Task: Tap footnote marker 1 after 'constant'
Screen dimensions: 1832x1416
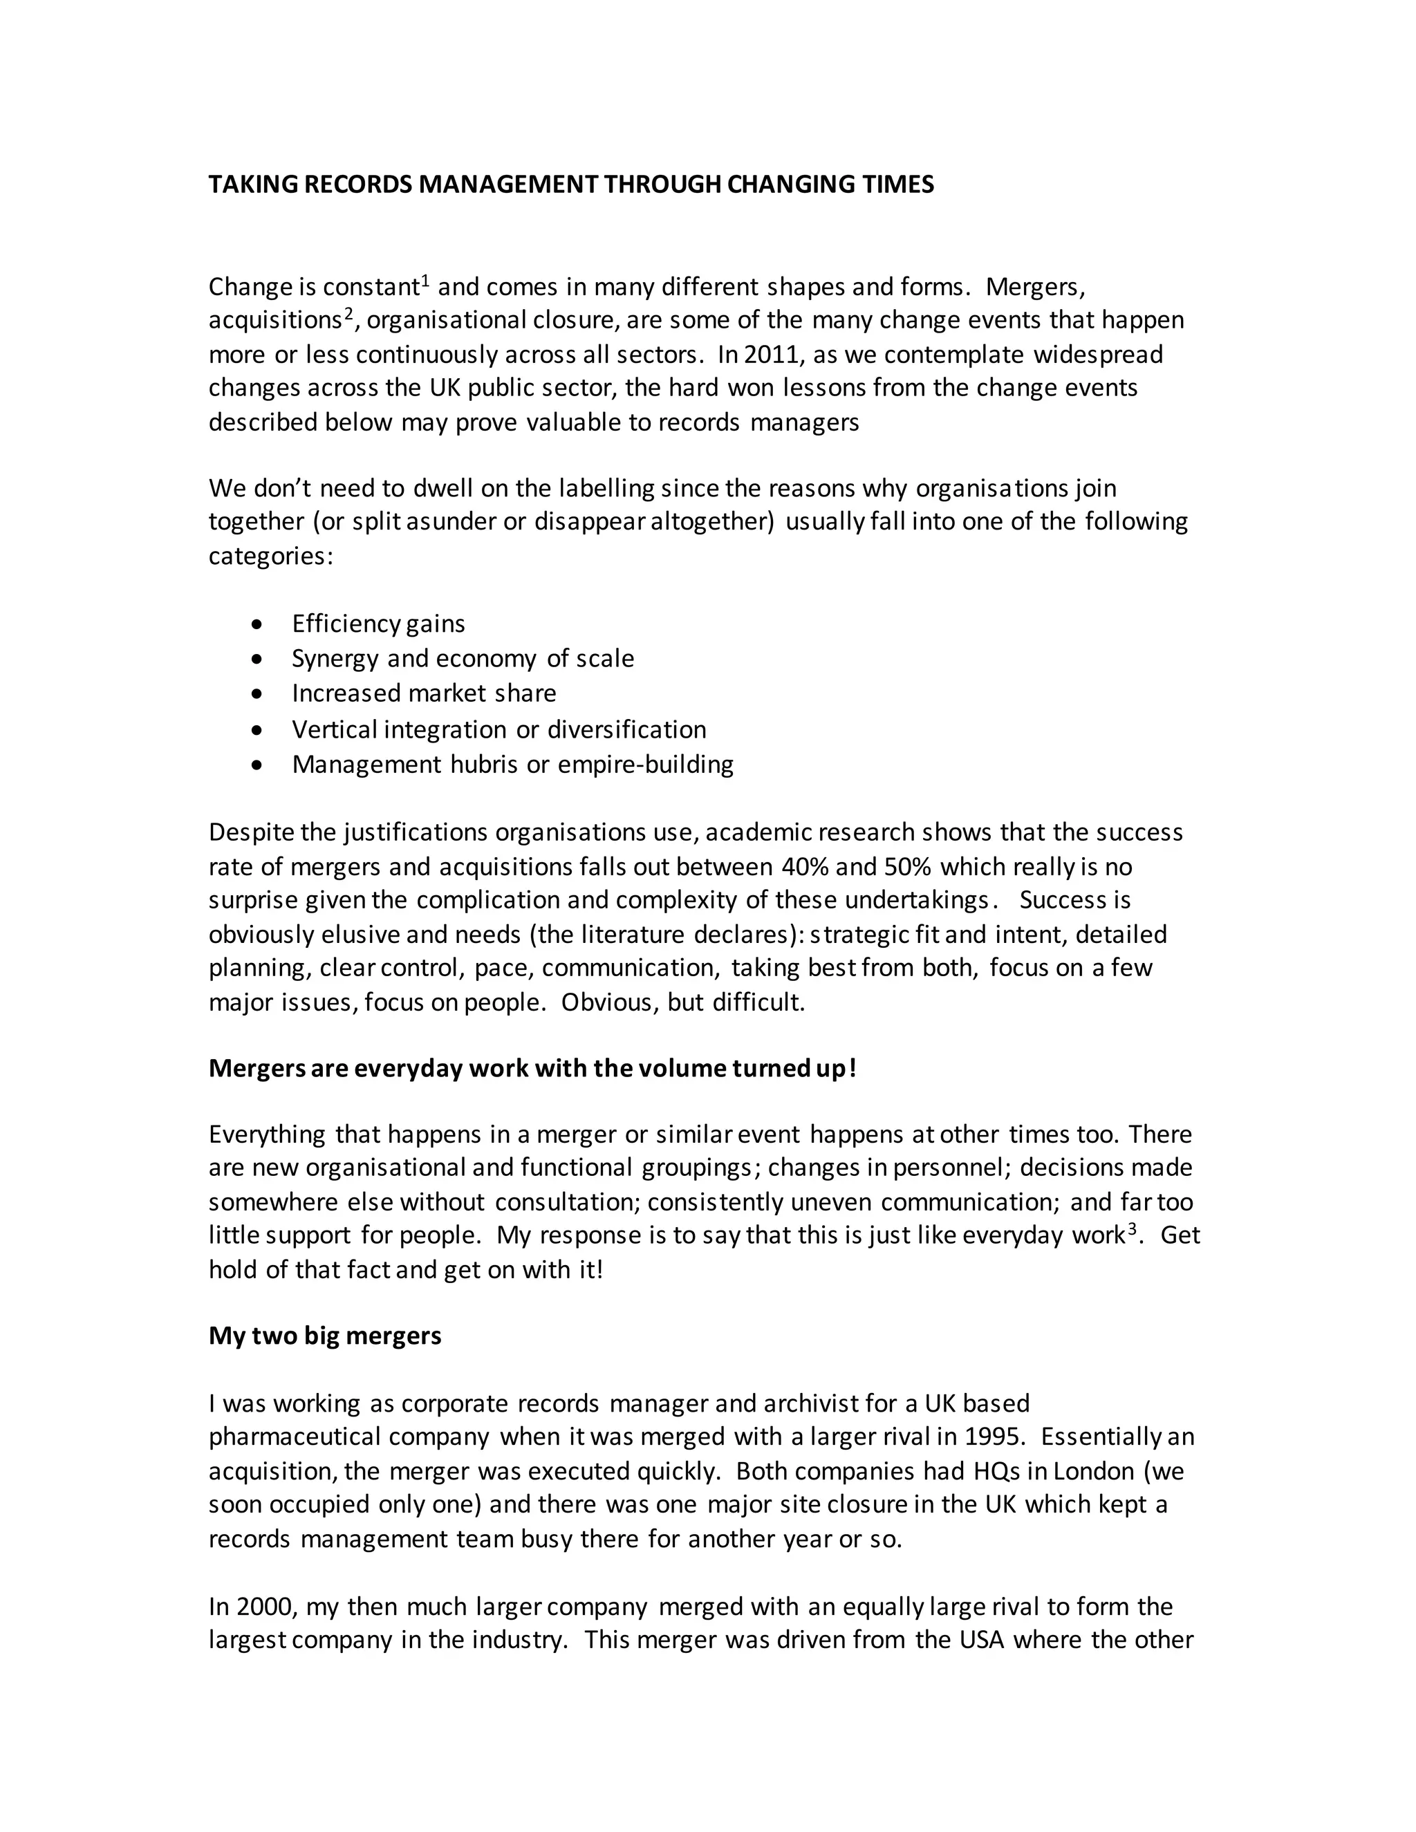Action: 425,280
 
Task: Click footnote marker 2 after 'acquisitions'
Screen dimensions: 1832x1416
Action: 349,314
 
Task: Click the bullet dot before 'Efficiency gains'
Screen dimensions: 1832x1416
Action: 257,625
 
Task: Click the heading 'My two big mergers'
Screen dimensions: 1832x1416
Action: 325,1336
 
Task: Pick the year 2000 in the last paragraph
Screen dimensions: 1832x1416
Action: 265,1607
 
